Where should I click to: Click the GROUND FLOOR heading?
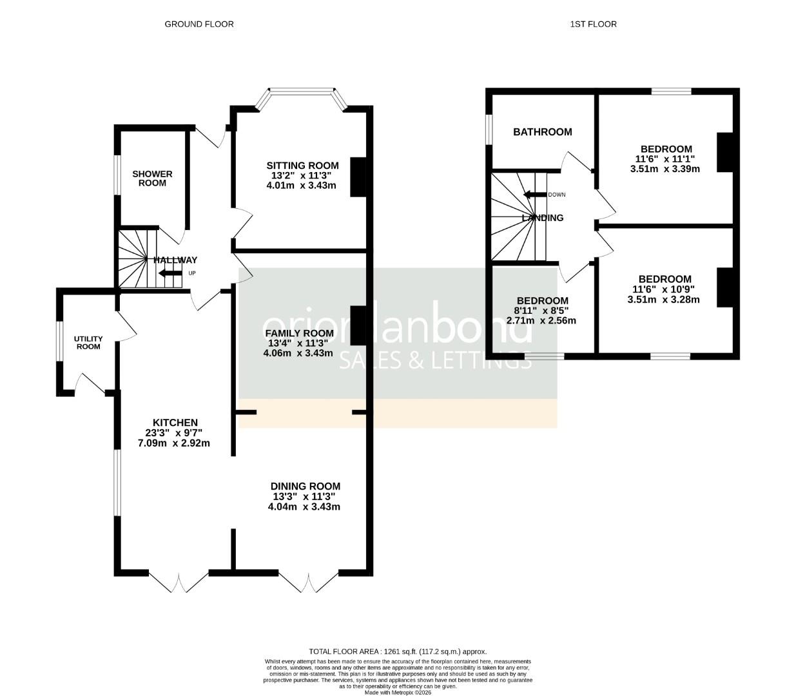199,24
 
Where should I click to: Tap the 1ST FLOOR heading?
593,24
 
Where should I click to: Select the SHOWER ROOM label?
152,178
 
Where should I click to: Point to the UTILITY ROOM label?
88,342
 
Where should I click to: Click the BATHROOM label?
542,132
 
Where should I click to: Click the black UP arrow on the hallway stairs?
170,273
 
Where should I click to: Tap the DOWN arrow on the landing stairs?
535,195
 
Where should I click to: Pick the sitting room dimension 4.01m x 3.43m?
301,185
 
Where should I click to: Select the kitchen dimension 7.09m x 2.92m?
174,443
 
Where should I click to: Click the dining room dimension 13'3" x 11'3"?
304,496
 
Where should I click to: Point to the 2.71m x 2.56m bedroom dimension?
541,320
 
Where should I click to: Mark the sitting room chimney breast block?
358,177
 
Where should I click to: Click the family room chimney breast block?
358,325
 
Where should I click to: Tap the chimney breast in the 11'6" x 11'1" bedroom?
725,152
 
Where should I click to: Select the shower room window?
117,175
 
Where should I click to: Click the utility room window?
59,341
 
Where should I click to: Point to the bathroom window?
489,134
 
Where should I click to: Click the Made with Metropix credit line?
398,692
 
